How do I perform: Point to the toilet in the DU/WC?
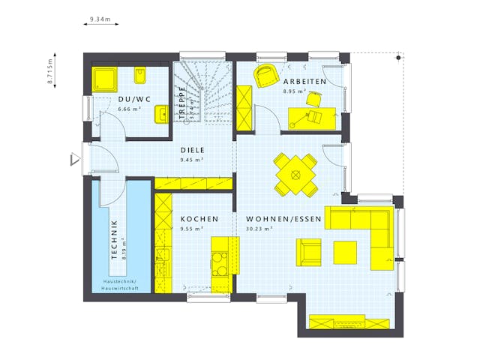point(140,76)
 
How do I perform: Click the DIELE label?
point(193,149)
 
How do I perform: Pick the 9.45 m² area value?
point(193,159)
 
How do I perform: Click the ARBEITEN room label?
point(304,81)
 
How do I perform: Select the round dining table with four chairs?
point(295,175)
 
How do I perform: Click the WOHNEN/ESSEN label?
point(283,219)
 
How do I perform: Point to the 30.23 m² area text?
point(259,229)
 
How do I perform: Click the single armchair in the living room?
point(308,251)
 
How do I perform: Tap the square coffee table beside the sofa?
point(346,251)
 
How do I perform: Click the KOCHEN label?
point(199,219)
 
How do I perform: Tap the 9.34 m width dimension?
point(100,18)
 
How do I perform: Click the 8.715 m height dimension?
point(50,71)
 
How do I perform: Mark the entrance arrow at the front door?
point(73,160)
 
